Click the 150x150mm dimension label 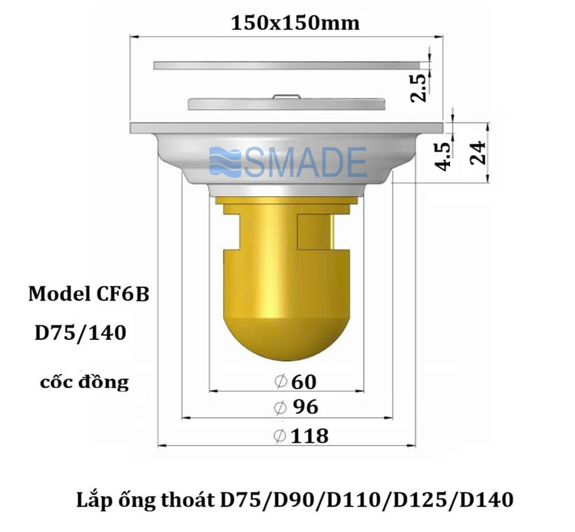[x=295, y=24]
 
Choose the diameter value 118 [x=309, y=436]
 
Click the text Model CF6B [x=89, y=294]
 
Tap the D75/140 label [x=80, y=333]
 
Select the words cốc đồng [x=85, y=382]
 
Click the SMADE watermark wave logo [x=225, y=162]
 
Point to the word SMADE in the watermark [x=305, y=162]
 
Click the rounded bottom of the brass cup [x=286, y=339]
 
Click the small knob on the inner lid [x=286, y=97]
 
